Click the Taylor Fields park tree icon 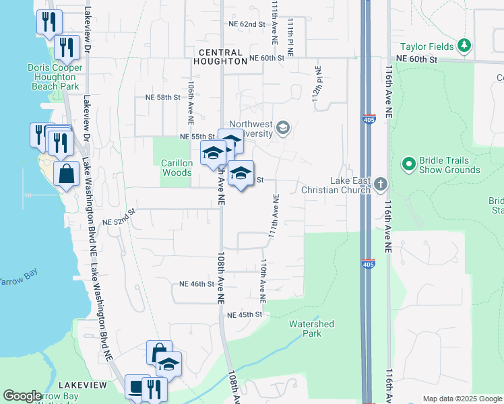[464, 46]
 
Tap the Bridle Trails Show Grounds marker [408, 164]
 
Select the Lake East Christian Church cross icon [381, 183]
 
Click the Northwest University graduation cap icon [284, 127]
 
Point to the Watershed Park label [311, 329]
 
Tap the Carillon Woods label [177, 168]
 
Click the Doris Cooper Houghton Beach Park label [55, 77]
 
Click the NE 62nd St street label [247, 24]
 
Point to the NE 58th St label [163, 98]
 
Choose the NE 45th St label [244, 314]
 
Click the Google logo [22, 397]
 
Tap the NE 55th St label [197, 137]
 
